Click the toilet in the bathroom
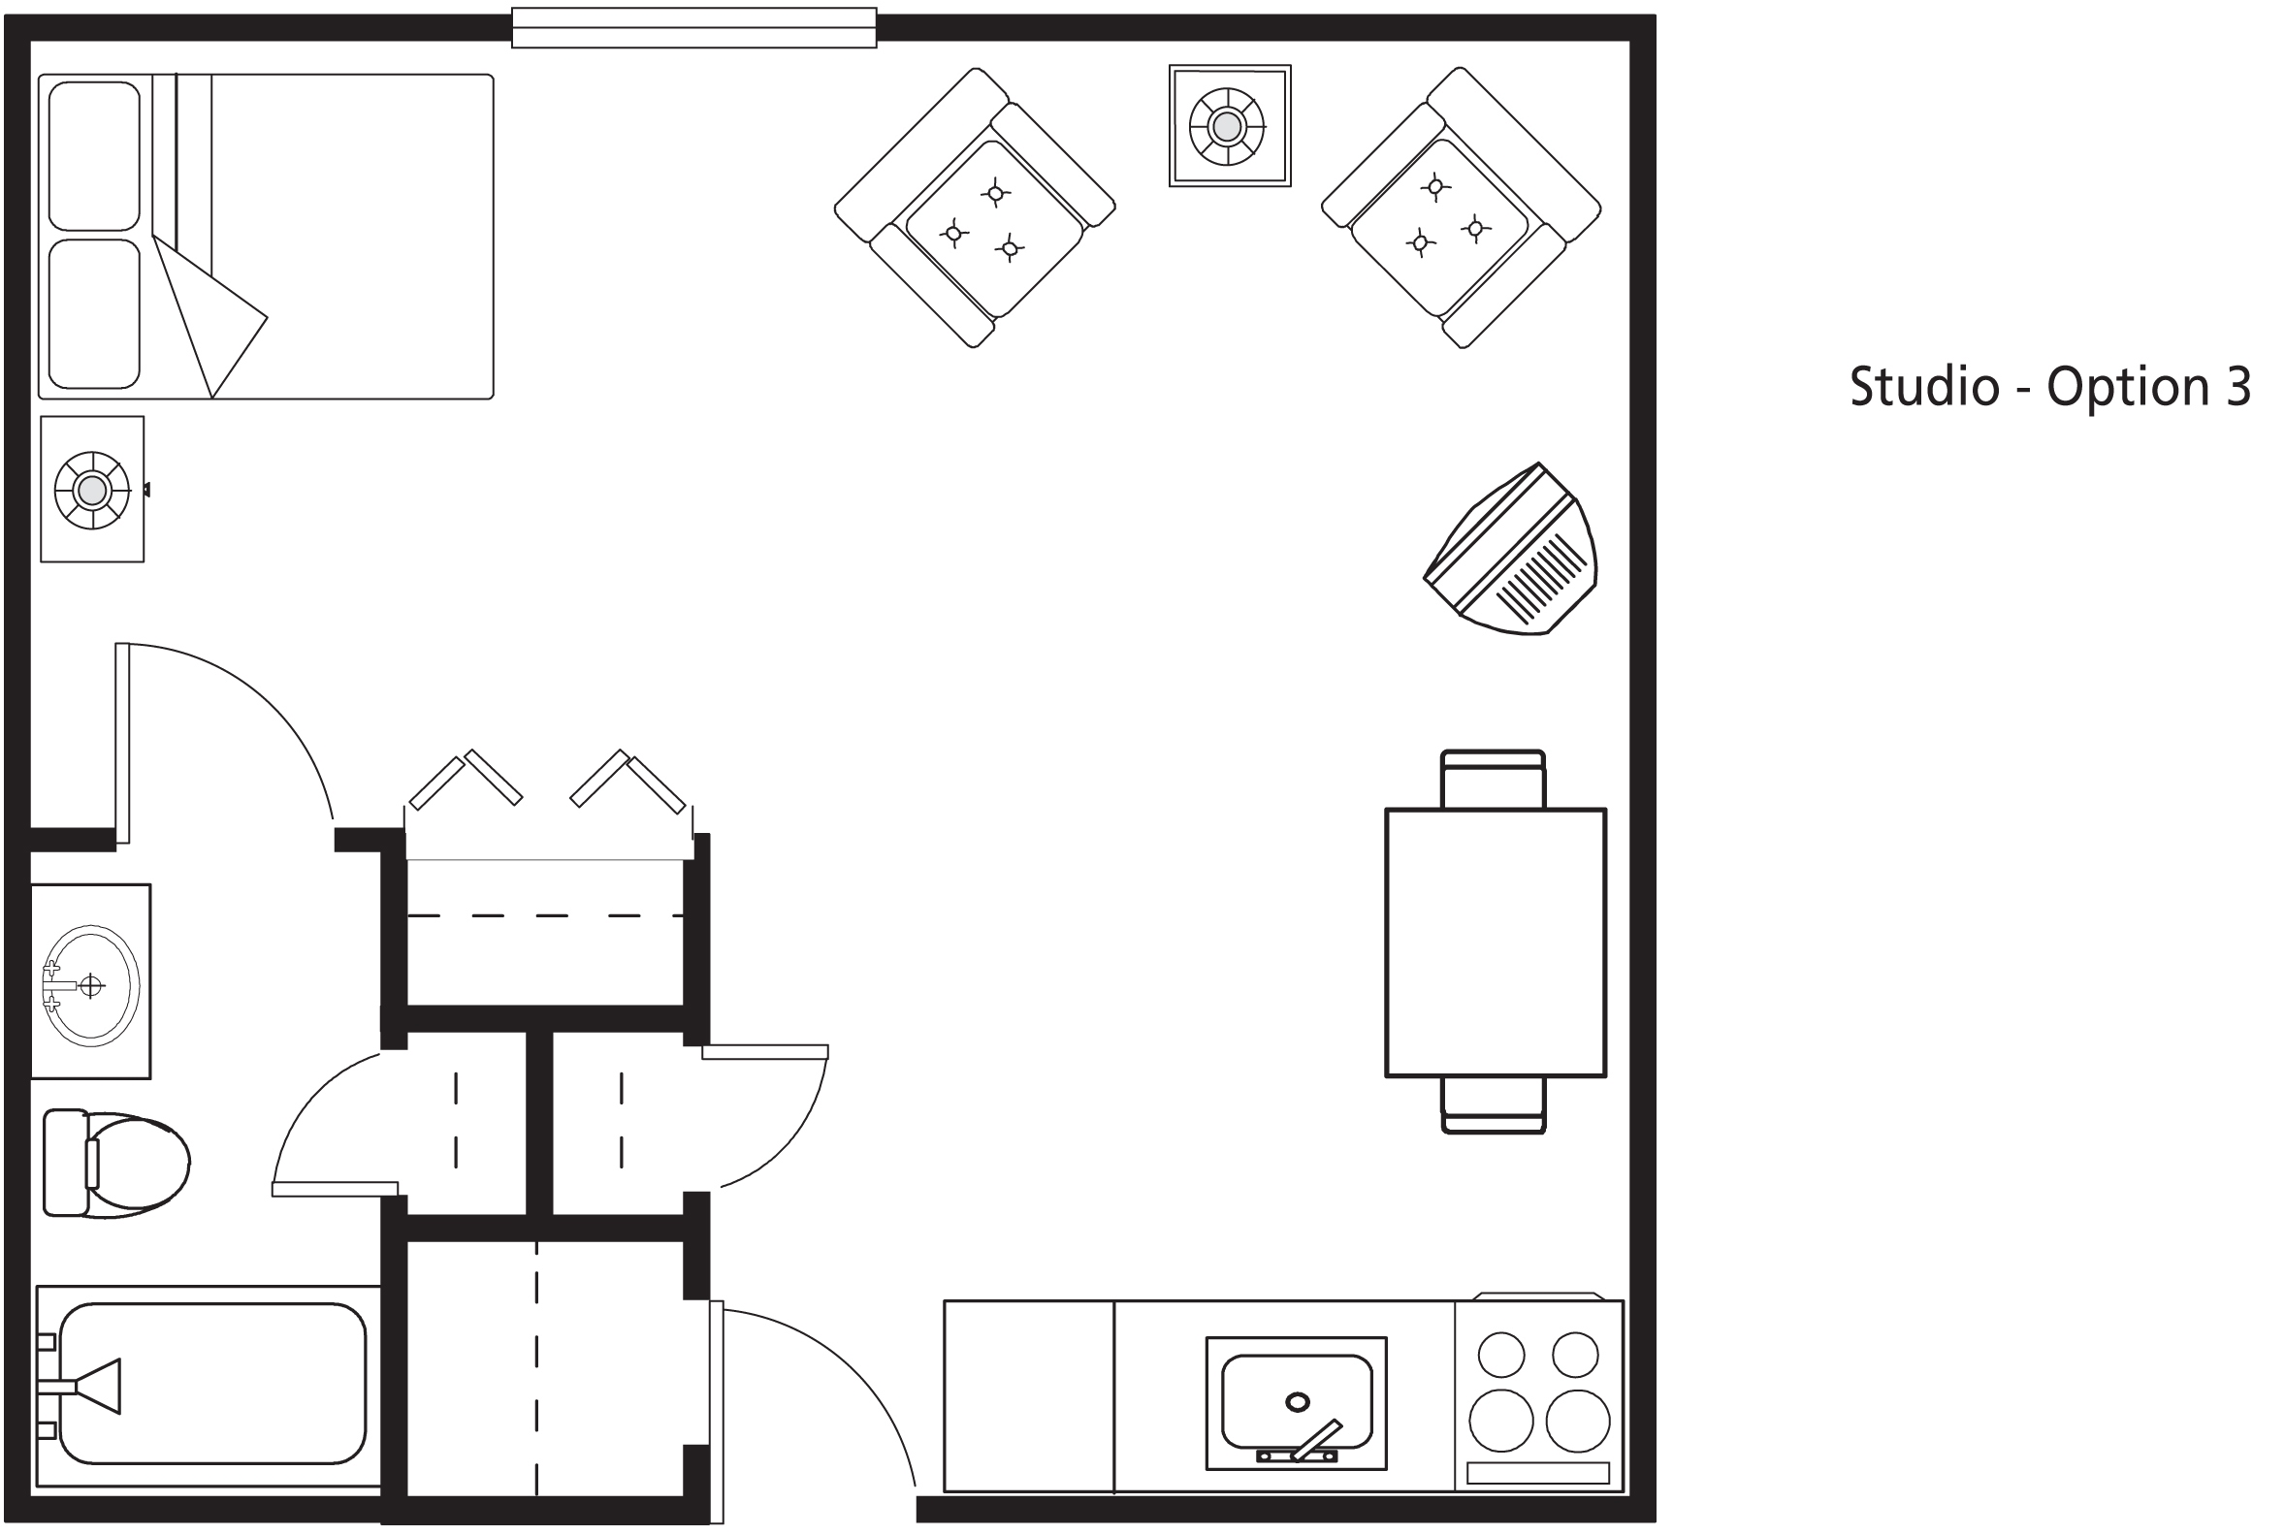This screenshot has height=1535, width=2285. click(115, 1164)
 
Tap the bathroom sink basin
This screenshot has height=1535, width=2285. click(91, 985)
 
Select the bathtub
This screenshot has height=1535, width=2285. click(208, 1387)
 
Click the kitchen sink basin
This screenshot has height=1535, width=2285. click(1297, 1401)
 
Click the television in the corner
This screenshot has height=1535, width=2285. click(1512, 549)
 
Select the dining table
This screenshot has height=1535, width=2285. click(1495, 943)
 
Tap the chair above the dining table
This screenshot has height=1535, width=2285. click(1493, 780)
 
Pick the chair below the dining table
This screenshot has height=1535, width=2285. click(1493, 1105)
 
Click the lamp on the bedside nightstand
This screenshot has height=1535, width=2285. click(92, 490)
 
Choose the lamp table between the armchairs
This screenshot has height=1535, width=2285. click(1230, 125)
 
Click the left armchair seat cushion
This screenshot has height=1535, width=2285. click(995, 230)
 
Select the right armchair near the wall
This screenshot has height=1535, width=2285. click(1461, 208)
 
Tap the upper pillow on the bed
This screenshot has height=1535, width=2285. click(94, 157)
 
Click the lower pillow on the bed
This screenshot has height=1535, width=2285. click(94, 313)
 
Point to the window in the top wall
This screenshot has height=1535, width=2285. click(694, 27)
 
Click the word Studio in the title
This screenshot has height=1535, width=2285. click(1924, 387)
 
